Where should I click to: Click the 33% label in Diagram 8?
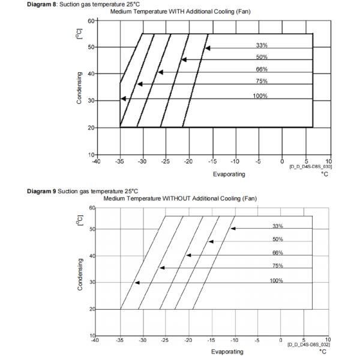click(x=262, y=45)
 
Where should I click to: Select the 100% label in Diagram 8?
click(x=260, y=96)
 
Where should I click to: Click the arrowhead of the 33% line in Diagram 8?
click(x=208, y=48)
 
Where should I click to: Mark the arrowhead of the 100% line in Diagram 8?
click(x=123, y=98)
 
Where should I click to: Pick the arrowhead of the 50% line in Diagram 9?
click(x=211, y=242)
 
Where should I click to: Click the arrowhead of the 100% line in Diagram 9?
click(x=137, y=282)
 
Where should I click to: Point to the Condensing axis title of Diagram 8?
click(x=80, y=88)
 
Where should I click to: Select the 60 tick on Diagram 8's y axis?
click(x=91, y=20)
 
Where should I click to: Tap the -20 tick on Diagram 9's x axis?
click(x=188, y=340)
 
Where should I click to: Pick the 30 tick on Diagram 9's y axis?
click(x=91, y=282)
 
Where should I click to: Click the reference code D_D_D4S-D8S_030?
click(x=310, y=166)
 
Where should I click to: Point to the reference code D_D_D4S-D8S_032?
click(x=309, y=345)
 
